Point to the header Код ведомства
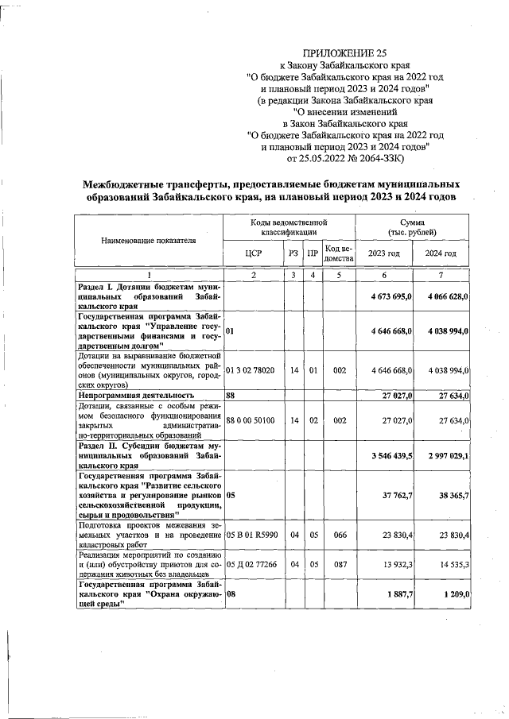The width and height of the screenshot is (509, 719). point(339,253)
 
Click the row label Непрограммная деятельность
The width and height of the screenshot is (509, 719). point(135,394)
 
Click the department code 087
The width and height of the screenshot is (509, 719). point(339,565)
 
